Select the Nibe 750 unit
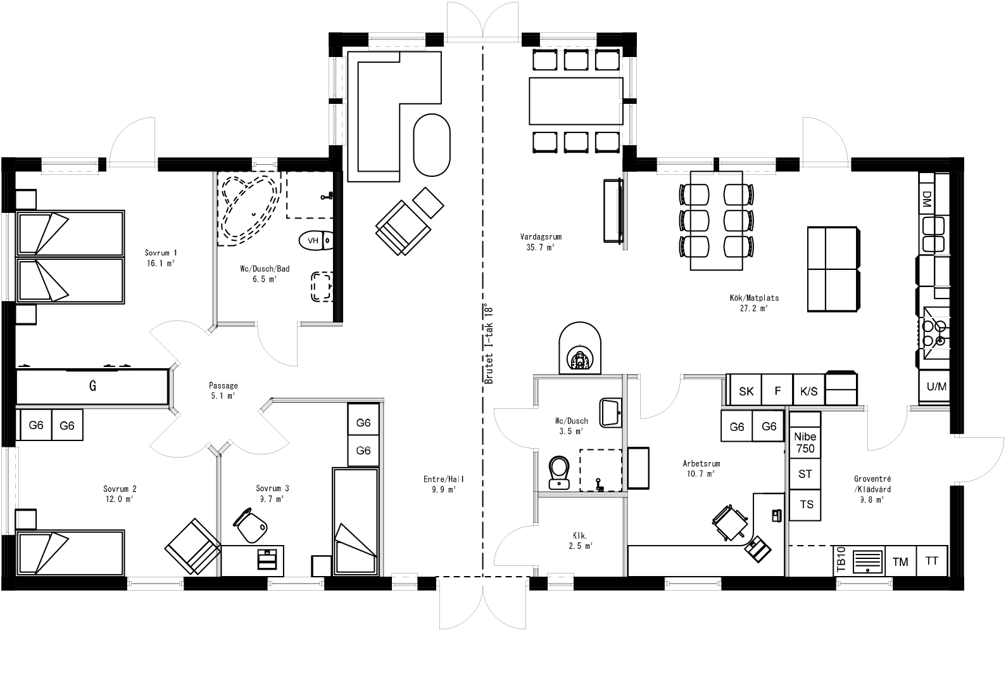tap(805, 442)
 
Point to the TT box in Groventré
tap(931, 561)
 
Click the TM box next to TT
tap(900, 561)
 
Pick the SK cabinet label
tap(746, 392)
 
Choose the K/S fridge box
tap(808, 392)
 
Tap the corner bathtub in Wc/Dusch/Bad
tap(249, 209)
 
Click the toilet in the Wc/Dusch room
tap(558, 472)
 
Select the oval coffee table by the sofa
tap(432, 145)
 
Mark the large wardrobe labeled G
tap(92, 386)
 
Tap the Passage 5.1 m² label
tap(223, 390)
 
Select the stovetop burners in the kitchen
tap(934, 333)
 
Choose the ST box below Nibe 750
tap(805, 474)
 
